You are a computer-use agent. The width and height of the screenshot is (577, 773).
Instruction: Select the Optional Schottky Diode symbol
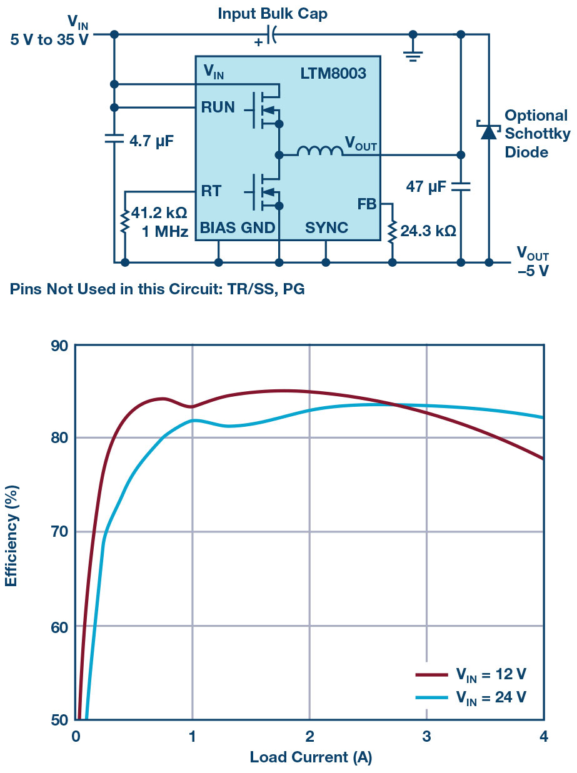pyautogui.click(x=488, y=131)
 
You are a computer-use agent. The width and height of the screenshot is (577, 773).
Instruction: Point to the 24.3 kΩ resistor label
pyautogui.click(x=428, y=231)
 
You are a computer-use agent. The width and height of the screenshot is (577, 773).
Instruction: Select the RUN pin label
pyautogui.click(x=218, y=107)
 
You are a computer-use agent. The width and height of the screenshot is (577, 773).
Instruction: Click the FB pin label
pyautogui.click(x=367, y=204)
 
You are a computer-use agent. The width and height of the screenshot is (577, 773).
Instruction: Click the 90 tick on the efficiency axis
pyautogui.click(x=59, y=346)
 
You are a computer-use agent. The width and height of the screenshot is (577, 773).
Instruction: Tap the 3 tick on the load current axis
pyautogui.click(x=426, y=736)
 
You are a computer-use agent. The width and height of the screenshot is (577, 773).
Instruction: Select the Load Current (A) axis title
pyautogui.click(x=310, y=758)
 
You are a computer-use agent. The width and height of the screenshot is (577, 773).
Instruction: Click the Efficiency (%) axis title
pyautogui.click(x=11, y=531)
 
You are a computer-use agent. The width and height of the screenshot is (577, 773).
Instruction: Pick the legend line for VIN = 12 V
pyautogui.click(x=431, y=675)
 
